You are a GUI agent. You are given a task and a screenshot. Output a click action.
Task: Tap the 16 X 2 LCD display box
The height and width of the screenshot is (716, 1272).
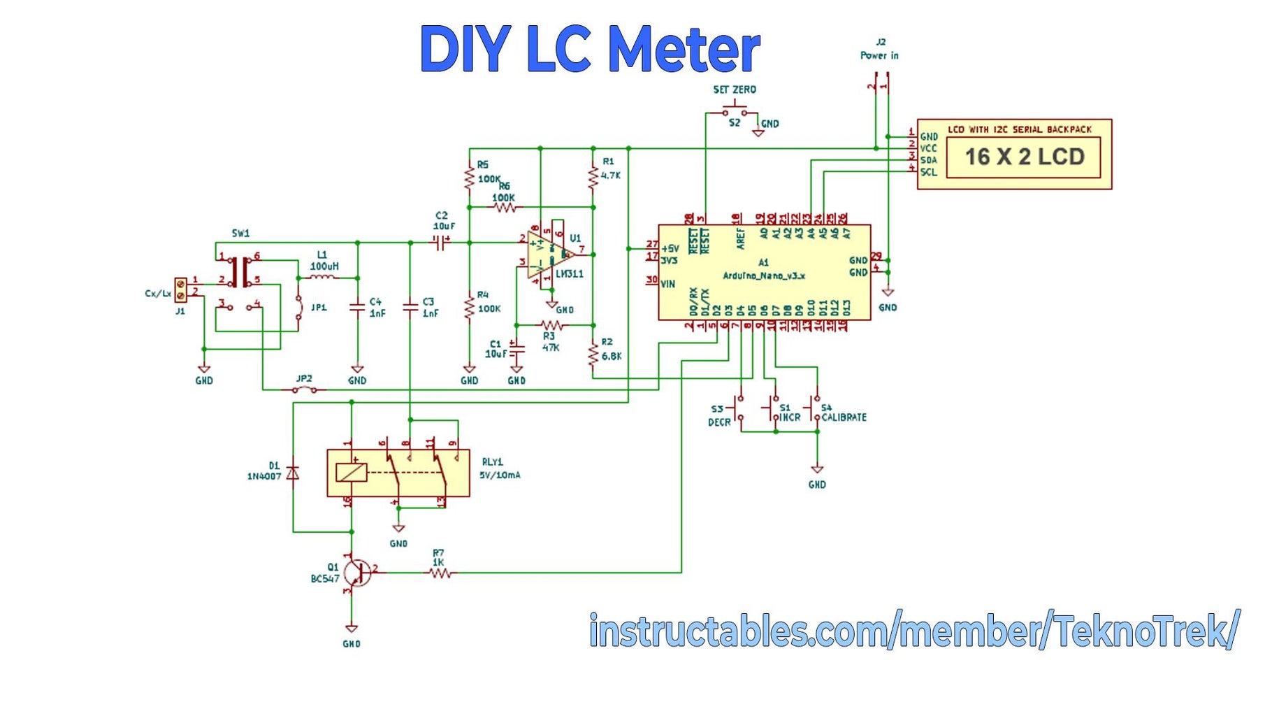coord(1023,157)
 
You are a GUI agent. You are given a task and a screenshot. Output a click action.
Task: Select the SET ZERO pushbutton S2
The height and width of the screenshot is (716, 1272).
coord(734,112)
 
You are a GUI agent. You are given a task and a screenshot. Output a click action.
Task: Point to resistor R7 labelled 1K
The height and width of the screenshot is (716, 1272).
coord(440,573)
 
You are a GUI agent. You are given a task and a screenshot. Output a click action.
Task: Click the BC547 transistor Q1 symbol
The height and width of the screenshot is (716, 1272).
coord(357,573)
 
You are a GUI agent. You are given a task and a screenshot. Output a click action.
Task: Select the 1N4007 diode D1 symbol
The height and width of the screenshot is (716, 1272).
coord(294,473)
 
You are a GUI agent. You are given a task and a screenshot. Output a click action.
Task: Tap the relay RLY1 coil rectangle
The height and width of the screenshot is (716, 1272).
coord(351,473)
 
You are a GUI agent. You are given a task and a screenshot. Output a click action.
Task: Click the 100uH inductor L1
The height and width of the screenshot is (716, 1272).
coord(323,278)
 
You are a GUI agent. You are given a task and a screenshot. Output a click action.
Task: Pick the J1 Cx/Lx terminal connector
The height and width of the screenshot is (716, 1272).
coord(180,289)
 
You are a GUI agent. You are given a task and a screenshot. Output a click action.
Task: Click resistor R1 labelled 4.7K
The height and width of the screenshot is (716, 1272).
coord(593,177)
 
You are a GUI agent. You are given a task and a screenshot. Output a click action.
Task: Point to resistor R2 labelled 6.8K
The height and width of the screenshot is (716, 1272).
coord(593,355)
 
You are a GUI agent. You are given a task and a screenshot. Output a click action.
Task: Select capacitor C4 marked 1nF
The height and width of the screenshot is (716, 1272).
coord(357,307)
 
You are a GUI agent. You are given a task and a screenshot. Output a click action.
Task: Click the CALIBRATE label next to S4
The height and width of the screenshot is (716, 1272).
coord(844,417)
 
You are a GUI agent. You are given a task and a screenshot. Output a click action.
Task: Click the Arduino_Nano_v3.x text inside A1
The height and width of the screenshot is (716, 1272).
coord(763,275)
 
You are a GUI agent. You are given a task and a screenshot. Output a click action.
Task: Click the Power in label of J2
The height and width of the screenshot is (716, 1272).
coord(879,55)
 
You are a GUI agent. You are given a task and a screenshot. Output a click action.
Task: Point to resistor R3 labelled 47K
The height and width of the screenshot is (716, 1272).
coord(551,325)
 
